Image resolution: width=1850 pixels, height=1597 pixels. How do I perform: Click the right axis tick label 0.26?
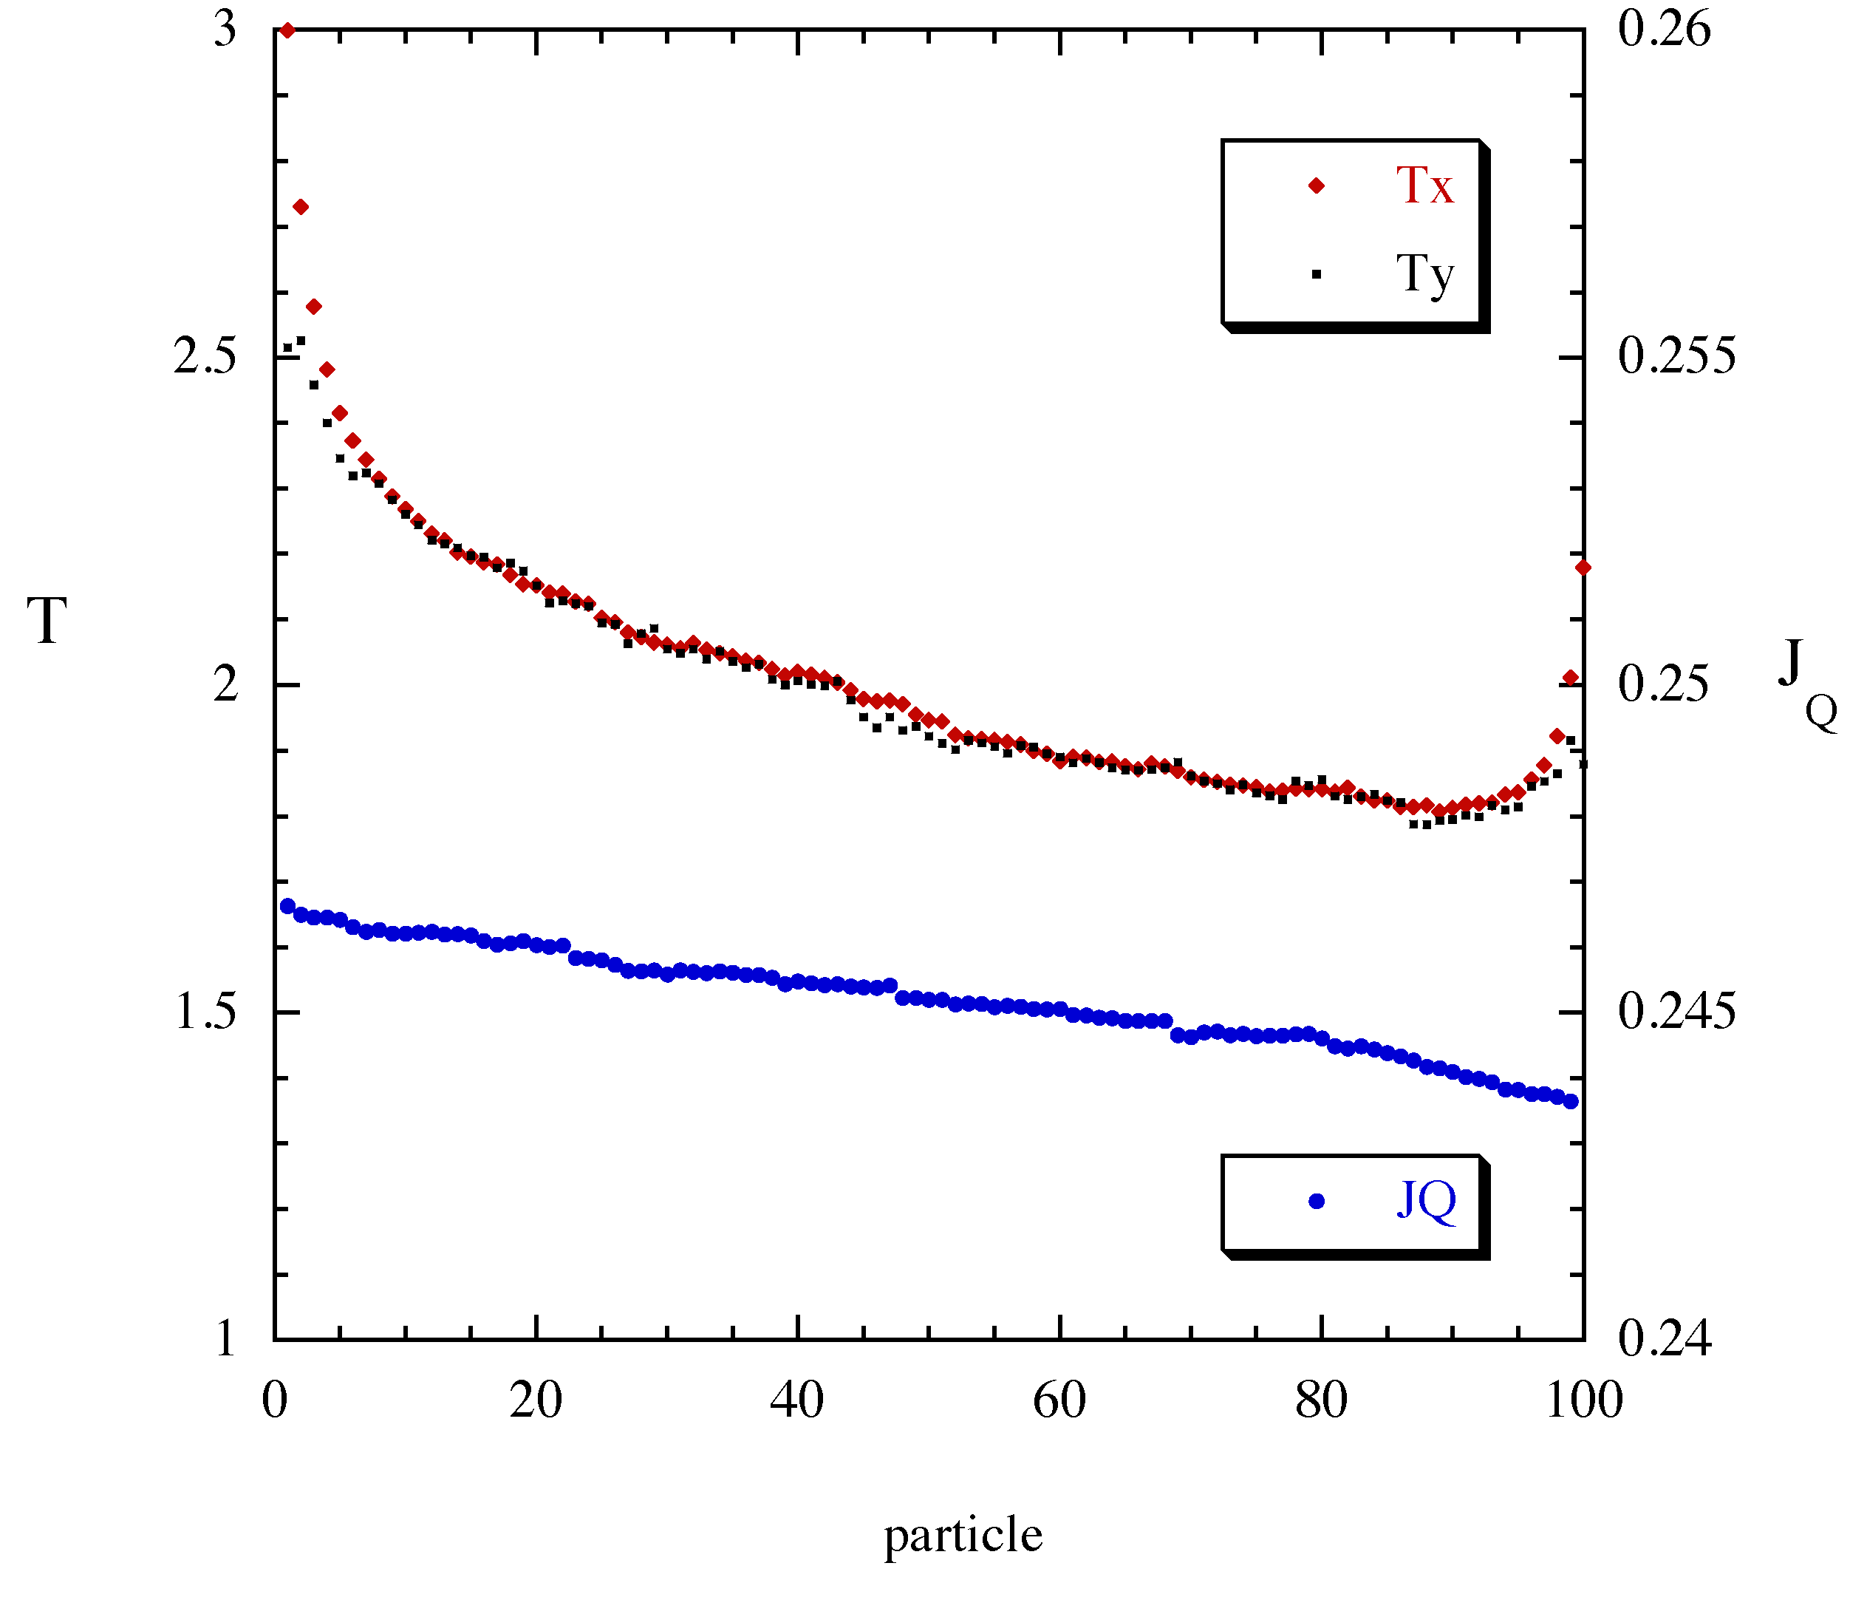(1665, 29)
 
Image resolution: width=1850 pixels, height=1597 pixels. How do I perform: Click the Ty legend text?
(1424, 275)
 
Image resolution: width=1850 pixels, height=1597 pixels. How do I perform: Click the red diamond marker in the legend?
(1316, 185)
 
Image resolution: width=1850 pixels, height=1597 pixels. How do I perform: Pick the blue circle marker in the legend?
(1316, 1202)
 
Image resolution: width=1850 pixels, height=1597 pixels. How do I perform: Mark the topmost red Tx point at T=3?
(287, 30)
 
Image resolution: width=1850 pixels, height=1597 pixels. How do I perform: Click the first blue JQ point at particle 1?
(287, 906)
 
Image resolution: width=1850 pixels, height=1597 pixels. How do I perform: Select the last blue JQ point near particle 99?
(1571, 1101)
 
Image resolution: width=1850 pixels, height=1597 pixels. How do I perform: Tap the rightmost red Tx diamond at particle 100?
(1583, 567)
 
